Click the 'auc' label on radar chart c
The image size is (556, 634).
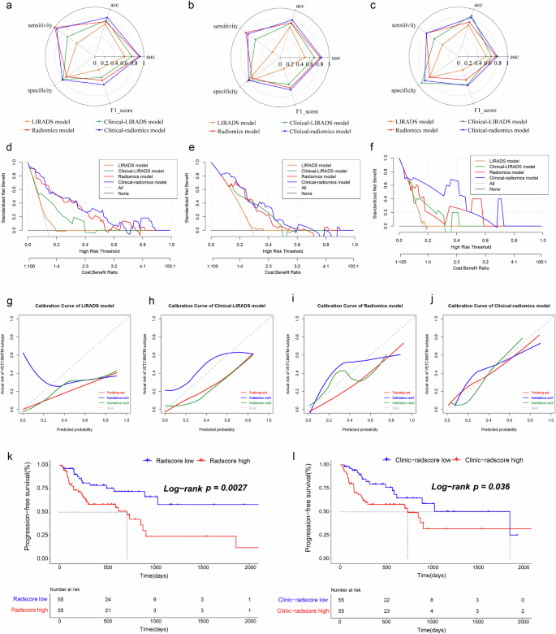[x=513, y=58]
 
